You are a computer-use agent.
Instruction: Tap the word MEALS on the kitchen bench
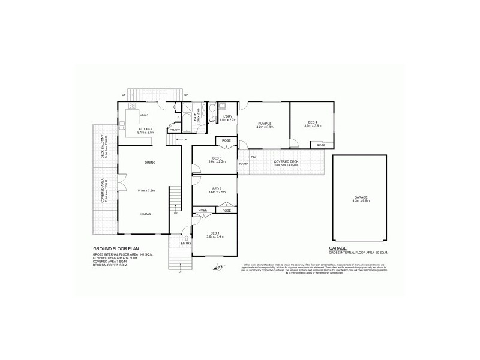tap(144, 115)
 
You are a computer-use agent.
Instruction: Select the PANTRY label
tap(175, 130)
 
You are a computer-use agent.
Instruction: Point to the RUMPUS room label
tap(265, 123)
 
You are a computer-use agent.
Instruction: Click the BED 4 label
tap(313, 122)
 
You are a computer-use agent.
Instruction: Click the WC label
tap(212, 121)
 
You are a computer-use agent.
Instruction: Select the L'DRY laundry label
tap(227, 116)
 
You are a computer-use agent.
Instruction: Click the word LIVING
tap(146, 214)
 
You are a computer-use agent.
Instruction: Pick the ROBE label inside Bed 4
tap(321, 145)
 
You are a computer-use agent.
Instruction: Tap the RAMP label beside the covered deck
tap(244, 163)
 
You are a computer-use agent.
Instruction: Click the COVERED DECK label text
tap(286, 161)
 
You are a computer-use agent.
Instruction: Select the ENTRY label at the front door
tap(185, 243)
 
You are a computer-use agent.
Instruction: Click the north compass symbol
tap(219, 266)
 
